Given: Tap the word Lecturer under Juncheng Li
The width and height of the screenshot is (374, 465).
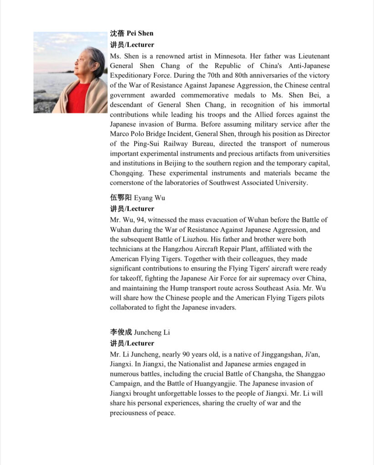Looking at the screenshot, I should pyautogui.click(x=140, y=343).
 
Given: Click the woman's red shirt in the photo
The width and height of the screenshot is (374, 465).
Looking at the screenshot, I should pyautogui.click(x=78, y=97).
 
